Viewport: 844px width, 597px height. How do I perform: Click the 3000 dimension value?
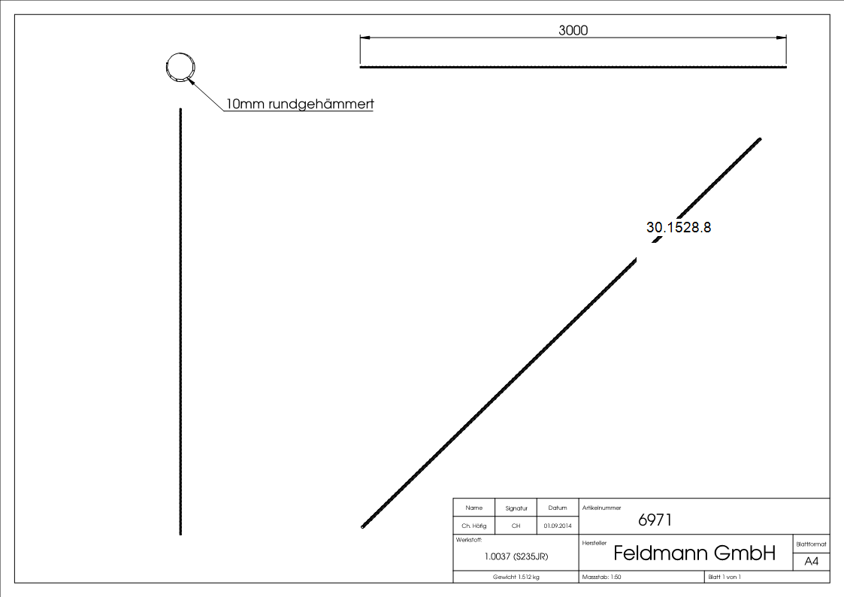(573, 31)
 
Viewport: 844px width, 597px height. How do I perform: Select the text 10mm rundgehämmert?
(300, 105)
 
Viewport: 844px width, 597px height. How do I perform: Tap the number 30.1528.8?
(679, 227)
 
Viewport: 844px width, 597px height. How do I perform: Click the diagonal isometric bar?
(526, 361)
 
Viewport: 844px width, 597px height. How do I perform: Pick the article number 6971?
(655, 520)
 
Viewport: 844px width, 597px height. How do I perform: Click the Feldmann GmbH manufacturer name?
(694, 553)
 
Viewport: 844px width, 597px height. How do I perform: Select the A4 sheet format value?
(812, 562)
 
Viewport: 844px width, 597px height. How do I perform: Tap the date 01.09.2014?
(558, 526)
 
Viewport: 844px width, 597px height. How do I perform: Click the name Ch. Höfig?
(474, 526)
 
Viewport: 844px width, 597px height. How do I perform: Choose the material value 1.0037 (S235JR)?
(516, 556)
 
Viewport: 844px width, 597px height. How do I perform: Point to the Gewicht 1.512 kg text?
(516, 577)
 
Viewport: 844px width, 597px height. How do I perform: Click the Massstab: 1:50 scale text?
(602, 577)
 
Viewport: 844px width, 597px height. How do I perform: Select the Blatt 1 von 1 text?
(725, 577)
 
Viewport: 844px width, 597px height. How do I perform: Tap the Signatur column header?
(516, 508)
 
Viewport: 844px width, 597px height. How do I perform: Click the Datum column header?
(558, 508)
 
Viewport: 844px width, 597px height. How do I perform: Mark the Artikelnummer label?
(602, 508)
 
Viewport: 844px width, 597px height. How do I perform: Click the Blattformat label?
(812, 544)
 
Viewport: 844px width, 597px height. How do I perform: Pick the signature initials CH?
(516, 526)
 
